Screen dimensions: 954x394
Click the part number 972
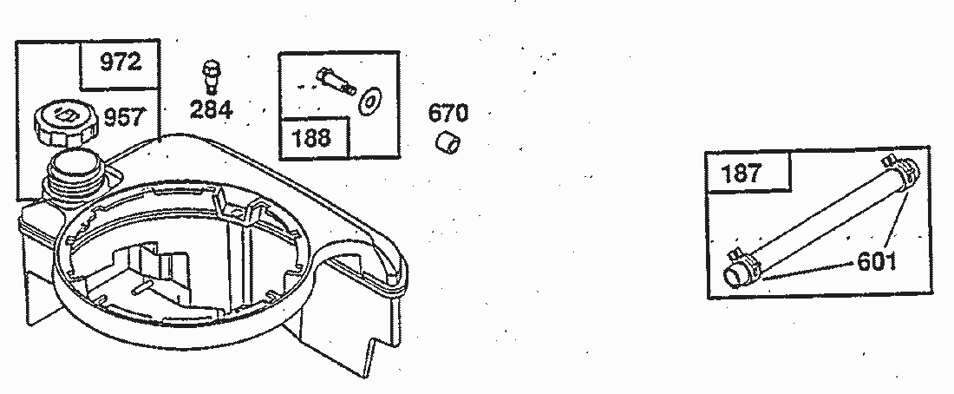pyautogui.click(x=121, y=62)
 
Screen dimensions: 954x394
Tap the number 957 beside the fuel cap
pyautogui.click(x=125, y=117)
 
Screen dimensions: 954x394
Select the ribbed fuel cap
pyautogui.click(x=66, y=123)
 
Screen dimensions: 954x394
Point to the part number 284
pyautogui.click(x=211, y=109)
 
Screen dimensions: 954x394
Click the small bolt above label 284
pyautogui.click(x=212, y=76)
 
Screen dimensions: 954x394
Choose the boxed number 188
pyautogui.click(x=312, y=138)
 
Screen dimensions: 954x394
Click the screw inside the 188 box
pyautogui.click(x=336, y=81)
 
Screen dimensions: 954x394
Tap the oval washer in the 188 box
pyautogui.click(x=370, y=101)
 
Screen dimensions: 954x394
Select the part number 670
pyautogui.click(x=448, y=114)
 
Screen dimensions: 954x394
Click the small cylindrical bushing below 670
pyautogui.click(x=448, y=143)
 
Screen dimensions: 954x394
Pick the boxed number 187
pyautogui.click(x=741, y=174)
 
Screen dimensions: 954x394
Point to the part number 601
pyautogui.click(x=877, y=262)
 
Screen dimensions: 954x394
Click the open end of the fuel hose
pyautogui.click(x=735, y=277)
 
